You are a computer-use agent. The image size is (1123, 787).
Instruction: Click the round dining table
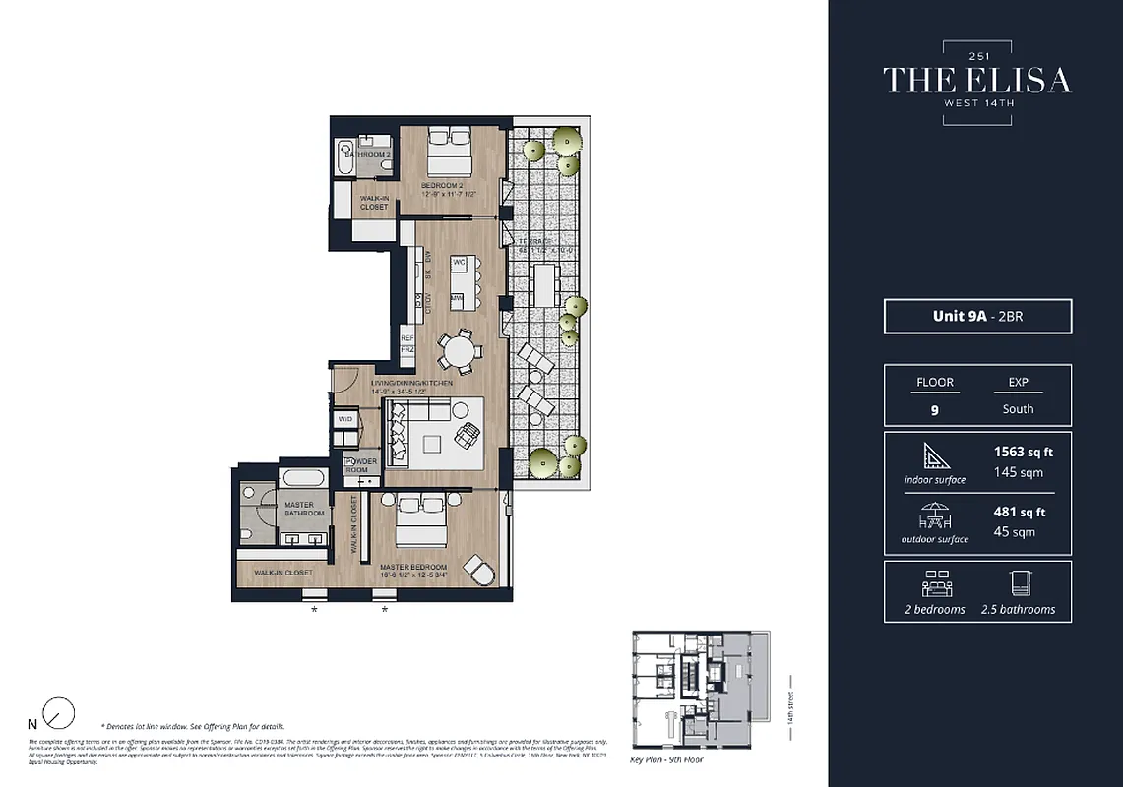[456, 350]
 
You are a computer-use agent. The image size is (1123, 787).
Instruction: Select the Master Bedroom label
[412, 568]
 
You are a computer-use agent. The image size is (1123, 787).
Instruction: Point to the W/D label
[344, 419]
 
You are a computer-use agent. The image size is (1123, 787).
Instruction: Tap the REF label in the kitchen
[407, 336]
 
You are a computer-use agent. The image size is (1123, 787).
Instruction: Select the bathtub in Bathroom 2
[345, 156]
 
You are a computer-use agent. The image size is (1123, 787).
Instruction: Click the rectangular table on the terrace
[543, 286]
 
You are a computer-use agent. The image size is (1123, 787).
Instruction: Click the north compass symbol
[60, 711]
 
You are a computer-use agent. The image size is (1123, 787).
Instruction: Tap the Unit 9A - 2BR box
[977, 317]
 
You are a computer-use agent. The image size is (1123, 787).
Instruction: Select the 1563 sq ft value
[1024, 453]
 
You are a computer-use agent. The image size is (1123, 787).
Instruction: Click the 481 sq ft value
[1020, 512]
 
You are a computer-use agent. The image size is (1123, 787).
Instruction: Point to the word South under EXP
[1019, 409]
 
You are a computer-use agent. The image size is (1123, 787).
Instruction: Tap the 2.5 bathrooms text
[1018, 609]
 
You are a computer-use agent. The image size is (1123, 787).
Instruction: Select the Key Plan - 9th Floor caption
[667, 760]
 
